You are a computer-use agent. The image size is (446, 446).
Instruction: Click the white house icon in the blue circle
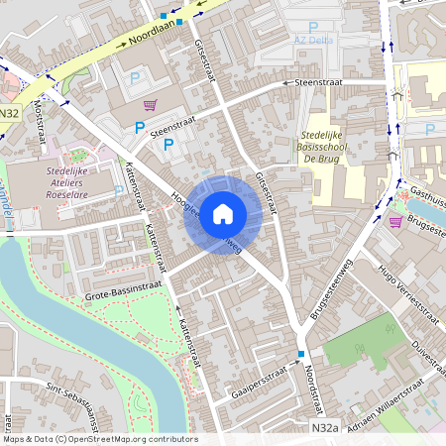pos(223,213)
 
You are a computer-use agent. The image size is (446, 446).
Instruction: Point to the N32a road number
pos(324,428)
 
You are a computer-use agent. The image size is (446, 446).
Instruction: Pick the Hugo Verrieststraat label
pos(406,296)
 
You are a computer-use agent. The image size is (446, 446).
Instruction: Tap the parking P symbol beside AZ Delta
pos(313,27)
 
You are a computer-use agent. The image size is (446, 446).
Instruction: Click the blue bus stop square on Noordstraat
pos(300,354)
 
